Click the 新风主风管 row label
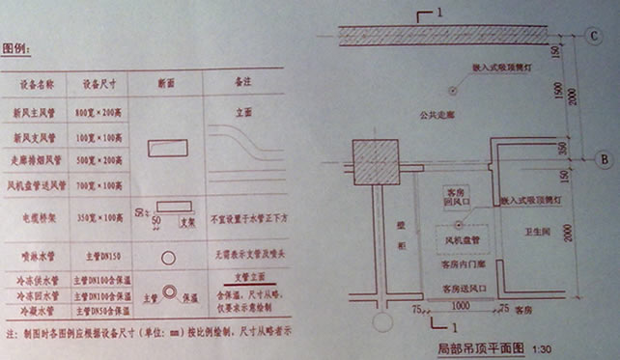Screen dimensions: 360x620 (40, 112)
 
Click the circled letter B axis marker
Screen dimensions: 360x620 (600, 158)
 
